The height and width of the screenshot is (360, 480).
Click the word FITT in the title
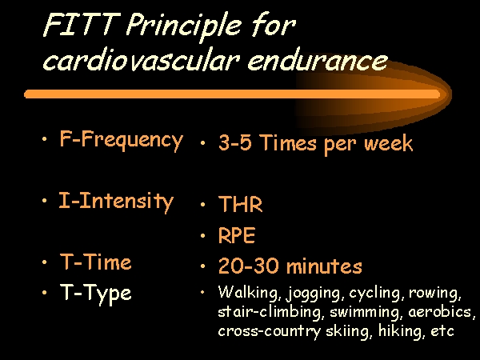(x=81, y=24)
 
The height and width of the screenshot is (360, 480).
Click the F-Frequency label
(x=122, y=140)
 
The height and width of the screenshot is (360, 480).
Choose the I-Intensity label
(x=116, y=202)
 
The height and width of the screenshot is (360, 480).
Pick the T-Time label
(x=95, y=262)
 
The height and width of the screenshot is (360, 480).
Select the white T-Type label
(x=95, y=294)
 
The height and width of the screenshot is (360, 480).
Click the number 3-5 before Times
(x=234, y=142)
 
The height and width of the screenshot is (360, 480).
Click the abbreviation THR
(x=240, y=204)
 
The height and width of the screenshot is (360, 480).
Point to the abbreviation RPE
(x=236, y=235)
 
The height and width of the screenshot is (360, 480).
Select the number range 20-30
(x=249, y=266)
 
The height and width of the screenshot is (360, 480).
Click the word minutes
(x=324, y=266)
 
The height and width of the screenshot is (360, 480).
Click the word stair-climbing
(x=270, y=312)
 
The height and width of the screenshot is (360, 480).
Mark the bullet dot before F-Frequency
(x=45, y=139)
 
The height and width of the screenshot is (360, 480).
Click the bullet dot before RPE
(x=202, y=235)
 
